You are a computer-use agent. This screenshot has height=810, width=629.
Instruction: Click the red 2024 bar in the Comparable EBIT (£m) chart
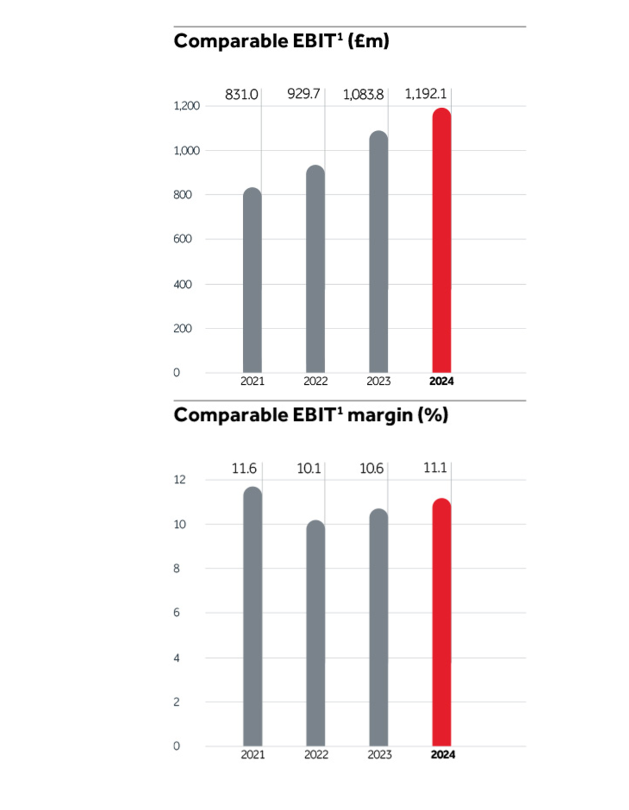[441, 240]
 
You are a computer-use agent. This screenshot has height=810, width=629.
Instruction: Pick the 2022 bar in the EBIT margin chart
[315, 633]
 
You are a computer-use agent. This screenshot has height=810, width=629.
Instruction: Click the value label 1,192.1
[425, 94]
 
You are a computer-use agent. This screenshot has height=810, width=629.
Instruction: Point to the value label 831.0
[242, 95]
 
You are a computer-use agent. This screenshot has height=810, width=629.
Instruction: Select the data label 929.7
[304, 94]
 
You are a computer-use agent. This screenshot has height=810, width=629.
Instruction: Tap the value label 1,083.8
[363, 95]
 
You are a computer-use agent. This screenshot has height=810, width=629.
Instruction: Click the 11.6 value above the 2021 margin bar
[244, 469]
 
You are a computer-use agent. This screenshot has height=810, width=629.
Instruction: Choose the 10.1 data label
[309, 469]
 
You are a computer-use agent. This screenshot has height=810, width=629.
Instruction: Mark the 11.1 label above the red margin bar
[435, 468]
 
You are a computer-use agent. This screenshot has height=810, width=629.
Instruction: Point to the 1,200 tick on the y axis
[187, 106]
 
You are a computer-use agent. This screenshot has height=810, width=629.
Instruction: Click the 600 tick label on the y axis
[182, 239]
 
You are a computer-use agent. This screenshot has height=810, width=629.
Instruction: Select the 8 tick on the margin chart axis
[177, 568]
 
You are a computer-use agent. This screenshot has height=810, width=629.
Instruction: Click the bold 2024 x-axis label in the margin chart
[442, 754]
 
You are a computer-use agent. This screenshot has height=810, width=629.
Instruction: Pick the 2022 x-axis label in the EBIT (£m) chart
[316, 381]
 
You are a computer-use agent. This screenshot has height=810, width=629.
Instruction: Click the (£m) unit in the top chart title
[368, 41]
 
